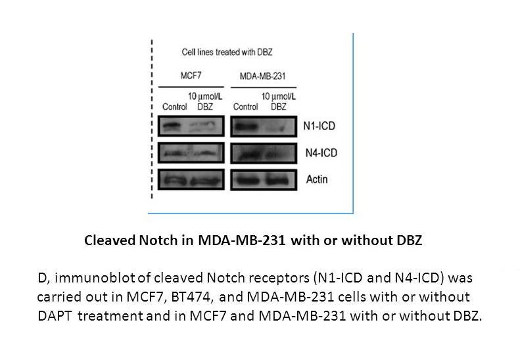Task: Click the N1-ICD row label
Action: [x=319, y=126]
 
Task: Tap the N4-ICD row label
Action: [x=321, y=153]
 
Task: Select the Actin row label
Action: [x=317, y=179]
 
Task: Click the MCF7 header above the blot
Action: [x=191, y=76]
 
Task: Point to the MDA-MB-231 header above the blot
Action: [x=263, y=76]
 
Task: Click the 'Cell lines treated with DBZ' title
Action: [x=227, y=52]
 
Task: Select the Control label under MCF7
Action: [x=174, y=106]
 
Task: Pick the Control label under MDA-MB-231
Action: [x=245, y=106]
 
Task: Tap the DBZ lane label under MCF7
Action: [x=205, y=106]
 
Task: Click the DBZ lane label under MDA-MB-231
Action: [x=278, y=106]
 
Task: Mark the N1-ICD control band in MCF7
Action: [x=171, y=126]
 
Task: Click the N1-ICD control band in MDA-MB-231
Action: [x=246, y=127]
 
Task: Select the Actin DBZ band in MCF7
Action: [x=206, y=181]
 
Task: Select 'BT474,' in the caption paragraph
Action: [x=191, y=297]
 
